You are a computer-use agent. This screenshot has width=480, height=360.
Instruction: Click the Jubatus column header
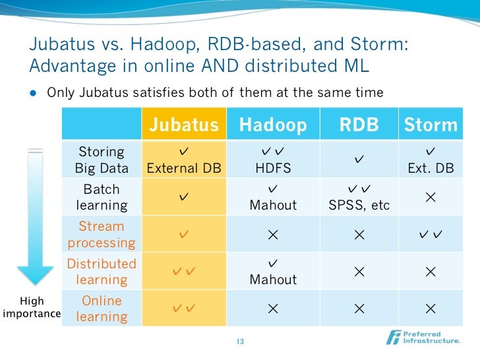coord(185,124)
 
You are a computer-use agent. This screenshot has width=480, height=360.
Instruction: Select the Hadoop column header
coord(273,124)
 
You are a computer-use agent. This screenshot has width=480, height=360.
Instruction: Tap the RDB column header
coord(359,124)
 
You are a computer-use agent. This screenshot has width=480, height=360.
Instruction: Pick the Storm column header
coord(431,124)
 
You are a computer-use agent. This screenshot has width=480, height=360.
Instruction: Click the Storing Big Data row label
coord(101,160)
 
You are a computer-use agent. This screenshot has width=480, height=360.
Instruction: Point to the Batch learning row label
coord(102,197)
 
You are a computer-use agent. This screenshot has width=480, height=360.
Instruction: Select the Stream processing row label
coord(102,234)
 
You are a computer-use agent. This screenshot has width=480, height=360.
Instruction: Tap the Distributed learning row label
coord(102,271)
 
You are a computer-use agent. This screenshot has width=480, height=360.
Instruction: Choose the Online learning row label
coord(102,308)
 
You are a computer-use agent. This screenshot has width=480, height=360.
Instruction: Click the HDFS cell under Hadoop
coord(273,168)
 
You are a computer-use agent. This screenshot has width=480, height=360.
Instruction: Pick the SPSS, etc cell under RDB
coord(359,205)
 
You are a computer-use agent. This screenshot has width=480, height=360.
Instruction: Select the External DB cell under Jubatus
coord(185,168)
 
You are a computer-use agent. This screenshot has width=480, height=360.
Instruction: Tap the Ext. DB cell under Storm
coord(431,168)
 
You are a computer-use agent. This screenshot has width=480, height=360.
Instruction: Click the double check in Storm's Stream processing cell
coord(431,235)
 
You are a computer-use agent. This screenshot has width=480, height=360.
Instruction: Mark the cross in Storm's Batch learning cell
coord(431,197)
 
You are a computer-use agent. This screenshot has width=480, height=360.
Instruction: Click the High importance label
coord(32,307)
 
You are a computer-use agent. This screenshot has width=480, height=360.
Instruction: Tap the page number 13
coord(239,342)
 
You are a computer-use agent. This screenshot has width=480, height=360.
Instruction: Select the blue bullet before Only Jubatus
coord(33,93)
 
